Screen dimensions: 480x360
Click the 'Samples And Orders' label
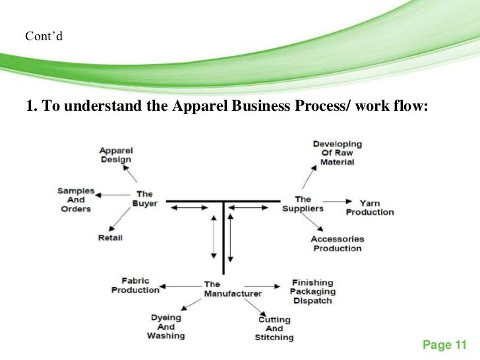pos(75,200)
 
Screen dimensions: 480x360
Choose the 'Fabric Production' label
pos(135,285)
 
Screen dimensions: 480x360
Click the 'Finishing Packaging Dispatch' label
pos(313,291)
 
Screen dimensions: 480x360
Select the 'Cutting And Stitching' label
pos(274,328)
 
